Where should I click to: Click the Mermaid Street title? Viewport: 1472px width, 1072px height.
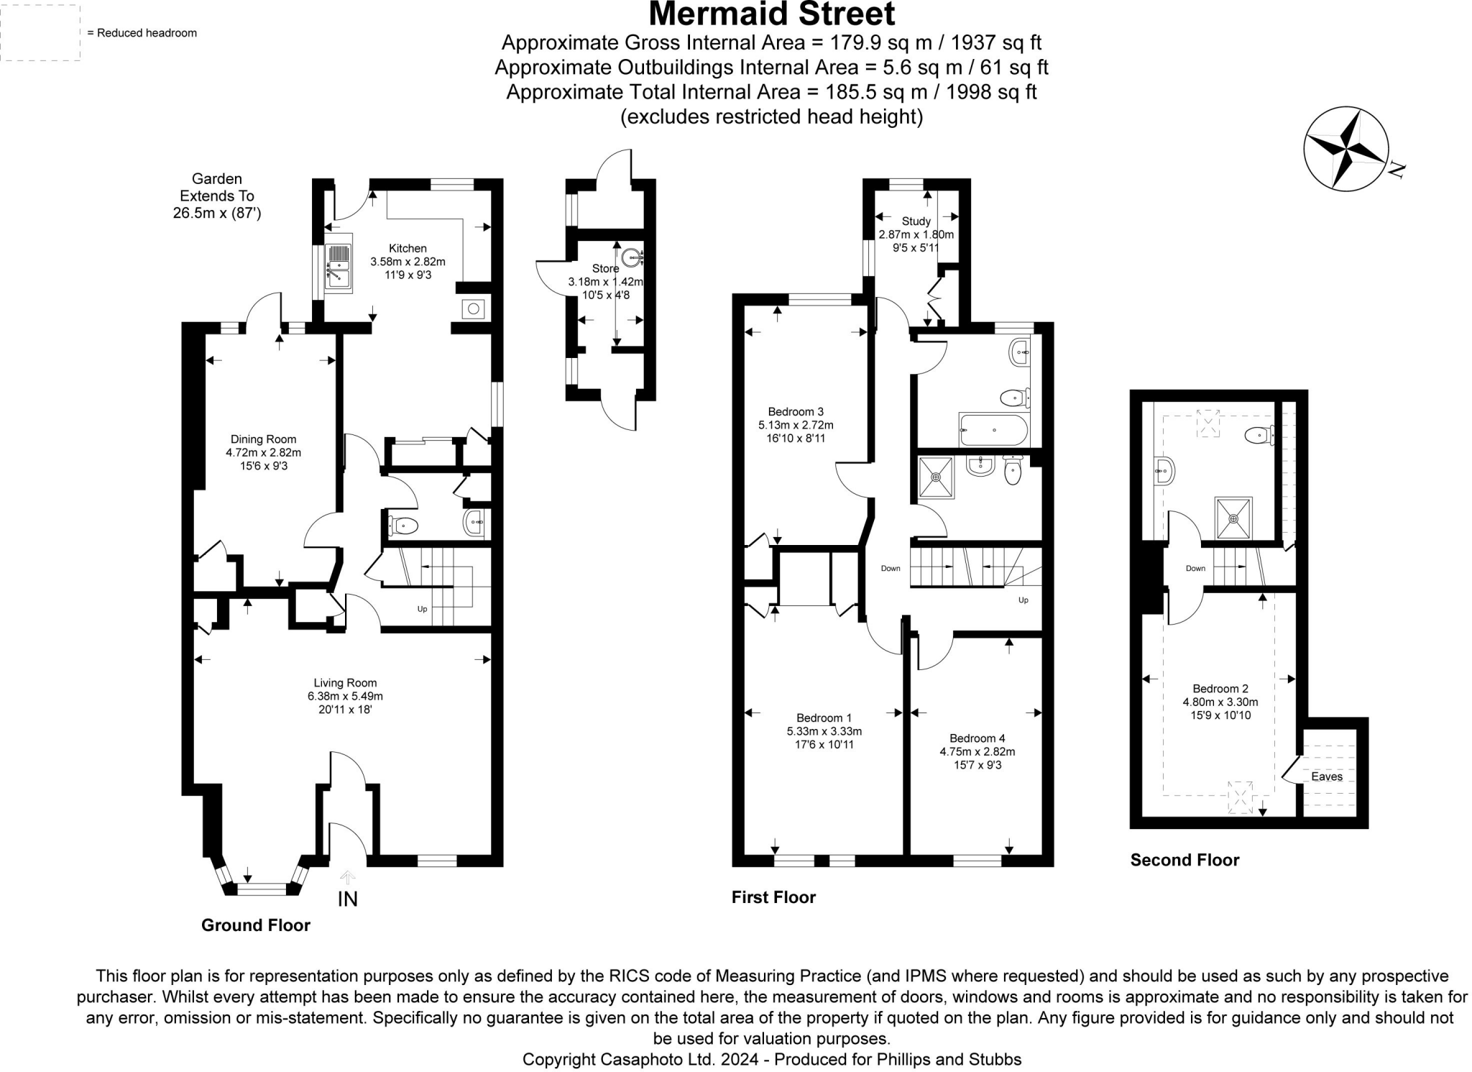point(771,14)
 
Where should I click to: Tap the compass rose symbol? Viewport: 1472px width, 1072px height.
point(1345,149)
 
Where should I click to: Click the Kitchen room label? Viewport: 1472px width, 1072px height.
point(408,249)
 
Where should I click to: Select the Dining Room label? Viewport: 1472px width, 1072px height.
point(263,439)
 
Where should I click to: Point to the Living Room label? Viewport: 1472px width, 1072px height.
point(345,683)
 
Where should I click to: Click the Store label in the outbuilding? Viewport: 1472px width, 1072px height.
point(605,269)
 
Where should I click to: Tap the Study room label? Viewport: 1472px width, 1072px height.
point(916,221)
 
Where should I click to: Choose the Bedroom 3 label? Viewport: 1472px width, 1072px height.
point(796,412)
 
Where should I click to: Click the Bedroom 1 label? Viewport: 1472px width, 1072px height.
point(824,718)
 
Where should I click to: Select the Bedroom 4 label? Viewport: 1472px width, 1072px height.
point(977,738)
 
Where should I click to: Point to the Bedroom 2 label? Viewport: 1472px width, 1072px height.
point(1220,689)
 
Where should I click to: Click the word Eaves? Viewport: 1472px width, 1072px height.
point(1326,776)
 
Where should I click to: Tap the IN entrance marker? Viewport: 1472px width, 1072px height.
point(348,899)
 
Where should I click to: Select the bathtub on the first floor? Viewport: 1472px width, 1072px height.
point(994,430)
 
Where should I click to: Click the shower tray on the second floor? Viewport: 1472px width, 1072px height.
point(1233,518)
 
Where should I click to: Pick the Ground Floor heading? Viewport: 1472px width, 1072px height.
point(255,925)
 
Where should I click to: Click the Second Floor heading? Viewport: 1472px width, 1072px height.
point(1184,860)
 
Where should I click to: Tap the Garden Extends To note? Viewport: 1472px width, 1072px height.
point(216,196)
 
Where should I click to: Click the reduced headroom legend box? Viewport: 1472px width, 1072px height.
point(40,32)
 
